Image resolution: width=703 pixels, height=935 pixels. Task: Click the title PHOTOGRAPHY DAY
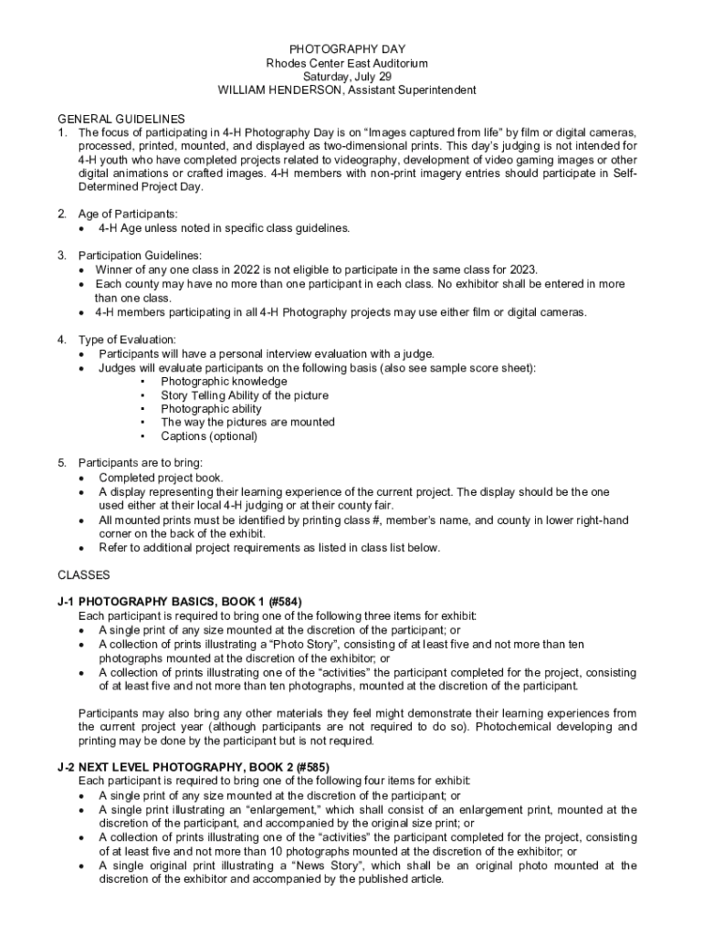pos(347,48)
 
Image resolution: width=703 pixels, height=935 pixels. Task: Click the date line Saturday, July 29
pos(347,77)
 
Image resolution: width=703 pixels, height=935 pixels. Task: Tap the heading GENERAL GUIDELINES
pos(121,119)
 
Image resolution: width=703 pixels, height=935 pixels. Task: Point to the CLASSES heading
pos(84,575)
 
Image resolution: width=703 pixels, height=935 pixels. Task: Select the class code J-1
pos(66,602)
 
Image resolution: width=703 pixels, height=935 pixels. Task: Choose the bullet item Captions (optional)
pos(209,436)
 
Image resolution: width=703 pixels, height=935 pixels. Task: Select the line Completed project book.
pos(161,478)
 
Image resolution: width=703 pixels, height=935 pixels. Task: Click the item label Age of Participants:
pos(128,214)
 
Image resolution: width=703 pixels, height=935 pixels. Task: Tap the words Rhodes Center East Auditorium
pos(347,63)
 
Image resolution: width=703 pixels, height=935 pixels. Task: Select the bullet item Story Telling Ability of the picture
pos(245,395)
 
